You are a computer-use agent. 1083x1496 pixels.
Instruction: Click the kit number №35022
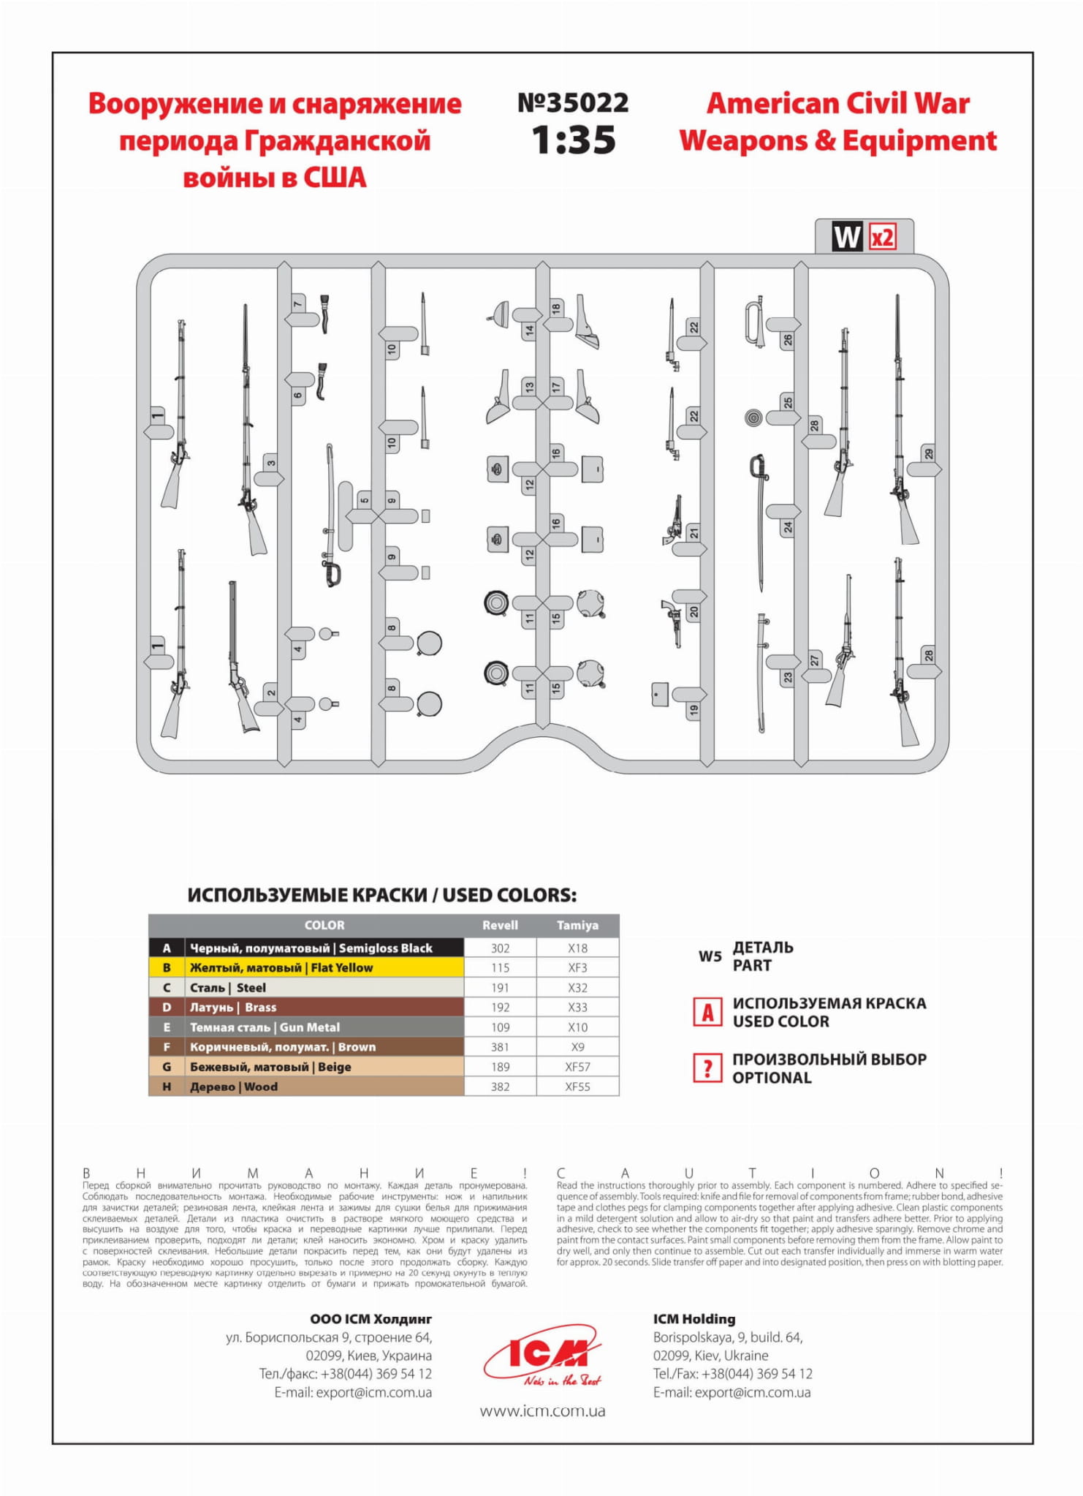click(x=573, y=103)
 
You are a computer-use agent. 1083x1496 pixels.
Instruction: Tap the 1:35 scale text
click(x=574, y=140)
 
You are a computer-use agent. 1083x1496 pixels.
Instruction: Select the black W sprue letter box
click(x=847, y=238)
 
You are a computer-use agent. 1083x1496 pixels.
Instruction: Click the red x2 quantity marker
click(x=882, y=238)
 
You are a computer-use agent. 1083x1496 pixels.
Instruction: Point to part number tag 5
click(x=364, y=500)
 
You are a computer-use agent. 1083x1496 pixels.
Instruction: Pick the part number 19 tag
click(x=693, y=709)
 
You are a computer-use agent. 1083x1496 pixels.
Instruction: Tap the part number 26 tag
click(x=787, y=339)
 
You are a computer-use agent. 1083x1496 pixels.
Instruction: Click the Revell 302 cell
click(x=500, y=948)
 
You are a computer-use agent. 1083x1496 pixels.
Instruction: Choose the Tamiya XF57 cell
click(x=577, y=1067)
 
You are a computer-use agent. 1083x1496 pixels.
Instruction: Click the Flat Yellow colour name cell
click(x=324, y=967)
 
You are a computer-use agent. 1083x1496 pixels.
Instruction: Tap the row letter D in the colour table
click(x=167, y=1007)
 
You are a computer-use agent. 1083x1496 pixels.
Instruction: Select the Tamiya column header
click(x=577, y=925)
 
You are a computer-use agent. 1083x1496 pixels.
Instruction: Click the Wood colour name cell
click(x=324, y=1087)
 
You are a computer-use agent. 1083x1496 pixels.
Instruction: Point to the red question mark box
click(x=707, y=1068)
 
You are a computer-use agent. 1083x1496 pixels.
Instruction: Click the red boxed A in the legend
click(x=707, y=1013)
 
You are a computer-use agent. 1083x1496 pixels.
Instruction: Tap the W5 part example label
click(x=710, y=956)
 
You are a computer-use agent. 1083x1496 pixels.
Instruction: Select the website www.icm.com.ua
click(x=542, y=1410)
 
